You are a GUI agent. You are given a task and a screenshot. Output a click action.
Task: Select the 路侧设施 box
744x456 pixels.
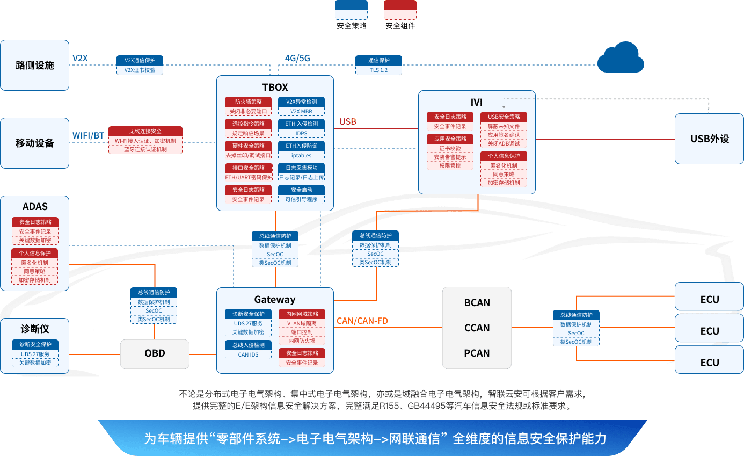(35, 65)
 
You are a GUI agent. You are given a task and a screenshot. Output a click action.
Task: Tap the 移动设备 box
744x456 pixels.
(35, 143)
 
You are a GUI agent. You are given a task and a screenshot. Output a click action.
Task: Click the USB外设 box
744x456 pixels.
(709, 139)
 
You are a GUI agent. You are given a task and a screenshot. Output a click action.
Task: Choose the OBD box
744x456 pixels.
(155, 353)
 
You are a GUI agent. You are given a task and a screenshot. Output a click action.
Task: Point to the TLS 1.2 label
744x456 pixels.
(378, 70)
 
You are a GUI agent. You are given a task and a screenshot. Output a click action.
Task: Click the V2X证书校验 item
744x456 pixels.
(140, 70)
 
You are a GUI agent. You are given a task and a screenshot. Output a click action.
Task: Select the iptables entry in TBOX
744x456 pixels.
(301, 155)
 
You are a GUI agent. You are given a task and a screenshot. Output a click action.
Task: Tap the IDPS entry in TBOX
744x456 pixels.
(301, 133)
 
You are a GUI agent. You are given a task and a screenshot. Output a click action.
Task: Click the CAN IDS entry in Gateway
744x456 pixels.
(248, 354)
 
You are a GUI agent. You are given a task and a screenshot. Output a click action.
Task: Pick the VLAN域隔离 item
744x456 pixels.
(302, 323)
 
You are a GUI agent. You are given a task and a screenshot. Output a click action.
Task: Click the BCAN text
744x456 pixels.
(477, 302)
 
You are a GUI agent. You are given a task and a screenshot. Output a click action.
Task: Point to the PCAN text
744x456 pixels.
(477, 353)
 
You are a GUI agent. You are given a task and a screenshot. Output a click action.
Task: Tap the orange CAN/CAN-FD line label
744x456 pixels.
(362, 321)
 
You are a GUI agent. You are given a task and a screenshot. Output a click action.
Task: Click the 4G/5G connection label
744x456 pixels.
(297, 58)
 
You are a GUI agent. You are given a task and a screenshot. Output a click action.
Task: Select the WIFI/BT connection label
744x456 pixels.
(88, 135)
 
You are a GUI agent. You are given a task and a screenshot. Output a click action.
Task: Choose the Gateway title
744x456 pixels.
(275, 299)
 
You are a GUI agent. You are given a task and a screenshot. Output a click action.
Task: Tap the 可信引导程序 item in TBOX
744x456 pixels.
(301, 199)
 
